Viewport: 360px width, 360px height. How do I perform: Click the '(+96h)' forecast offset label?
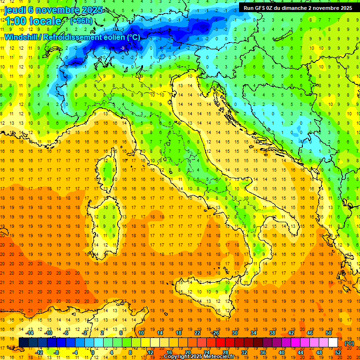[81, 21]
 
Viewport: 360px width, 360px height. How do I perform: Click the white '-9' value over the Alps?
[122, 48]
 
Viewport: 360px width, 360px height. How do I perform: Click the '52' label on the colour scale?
[338, 352]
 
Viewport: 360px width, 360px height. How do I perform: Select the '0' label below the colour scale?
[93, 352]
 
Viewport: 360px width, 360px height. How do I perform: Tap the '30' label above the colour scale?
[234, 333]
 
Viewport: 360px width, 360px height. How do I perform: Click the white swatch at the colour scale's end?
[333, 343]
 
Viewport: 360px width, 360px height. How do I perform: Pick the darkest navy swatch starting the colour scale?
[23, 343]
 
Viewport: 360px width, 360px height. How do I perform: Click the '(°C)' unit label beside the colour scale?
[349, 343]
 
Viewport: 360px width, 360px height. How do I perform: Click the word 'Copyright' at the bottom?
[178, 357]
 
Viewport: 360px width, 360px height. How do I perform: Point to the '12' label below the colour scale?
[150, 352]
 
